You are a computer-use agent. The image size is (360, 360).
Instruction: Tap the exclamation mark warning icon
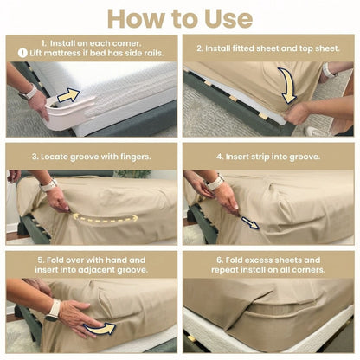point(22,53)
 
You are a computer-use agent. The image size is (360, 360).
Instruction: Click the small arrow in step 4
point(249,222)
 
